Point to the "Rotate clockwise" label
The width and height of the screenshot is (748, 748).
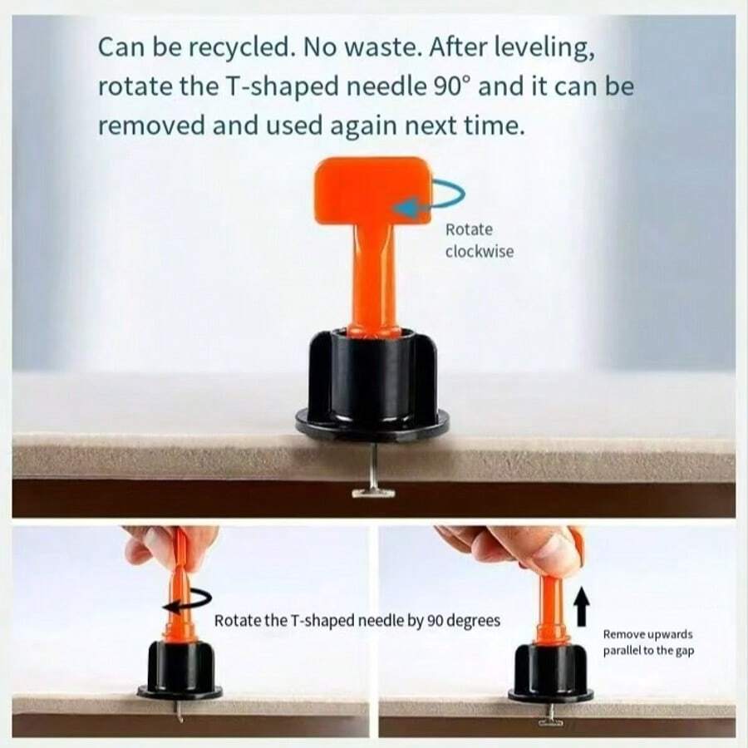[480, 240]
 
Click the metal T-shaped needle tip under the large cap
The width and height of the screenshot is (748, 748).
[373, 492]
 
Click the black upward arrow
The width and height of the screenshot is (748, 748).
[581, 606]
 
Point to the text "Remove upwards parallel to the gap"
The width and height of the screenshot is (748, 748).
[648, 642]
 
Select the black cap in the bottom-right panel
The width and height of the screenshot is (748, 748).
[550, 672]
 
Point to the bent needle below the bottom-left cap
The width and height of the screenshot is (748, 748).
[179, 711]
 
